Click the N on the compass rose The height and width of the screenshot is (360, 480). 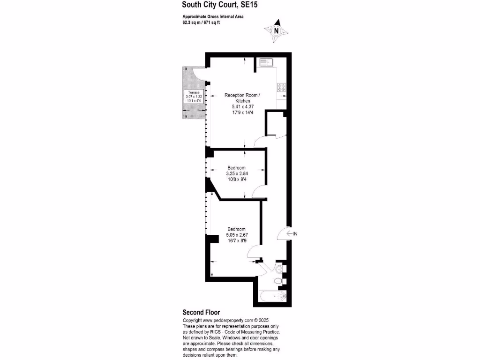(277, 31)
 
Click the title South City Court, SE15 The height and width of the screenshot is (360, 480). (220, 5)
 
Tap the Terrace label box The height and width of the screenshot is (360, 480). (194, 97)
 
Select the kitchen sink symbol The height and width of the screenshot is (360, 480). (266, 63)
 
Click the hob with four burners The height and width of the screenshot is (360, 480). (282, 88)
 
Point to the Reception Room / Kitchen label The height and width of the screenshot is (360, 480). (242, 98)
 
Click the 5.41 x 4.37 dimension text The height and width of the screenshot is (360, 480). (243, 106)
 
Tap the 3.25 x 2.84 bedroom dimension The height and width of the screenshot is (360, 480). (237, 173)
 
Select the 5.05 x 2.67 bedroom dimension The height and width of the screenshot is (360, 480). (237, 235)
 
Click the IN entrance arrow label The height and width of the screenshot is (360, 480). (292, 233)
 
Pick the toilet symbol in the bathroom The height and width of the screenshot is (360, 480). (278, 281)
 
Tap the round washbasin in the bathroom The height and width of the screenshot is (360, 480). (279, 269)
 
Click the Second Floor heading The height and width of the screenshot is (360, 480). (201, 313)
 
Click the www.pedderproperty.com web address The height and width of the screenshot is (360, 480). (228, 321)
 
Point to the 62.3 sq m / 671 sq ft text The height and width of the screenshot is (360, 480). (201, 22)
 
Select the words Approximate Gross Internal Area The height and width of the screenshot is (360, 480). (213, 17)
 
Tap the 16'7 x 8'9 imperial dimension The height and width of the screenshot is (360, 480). (237, 240)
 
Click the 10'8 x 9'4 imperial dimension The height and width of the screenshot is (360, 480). (237, 180)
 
